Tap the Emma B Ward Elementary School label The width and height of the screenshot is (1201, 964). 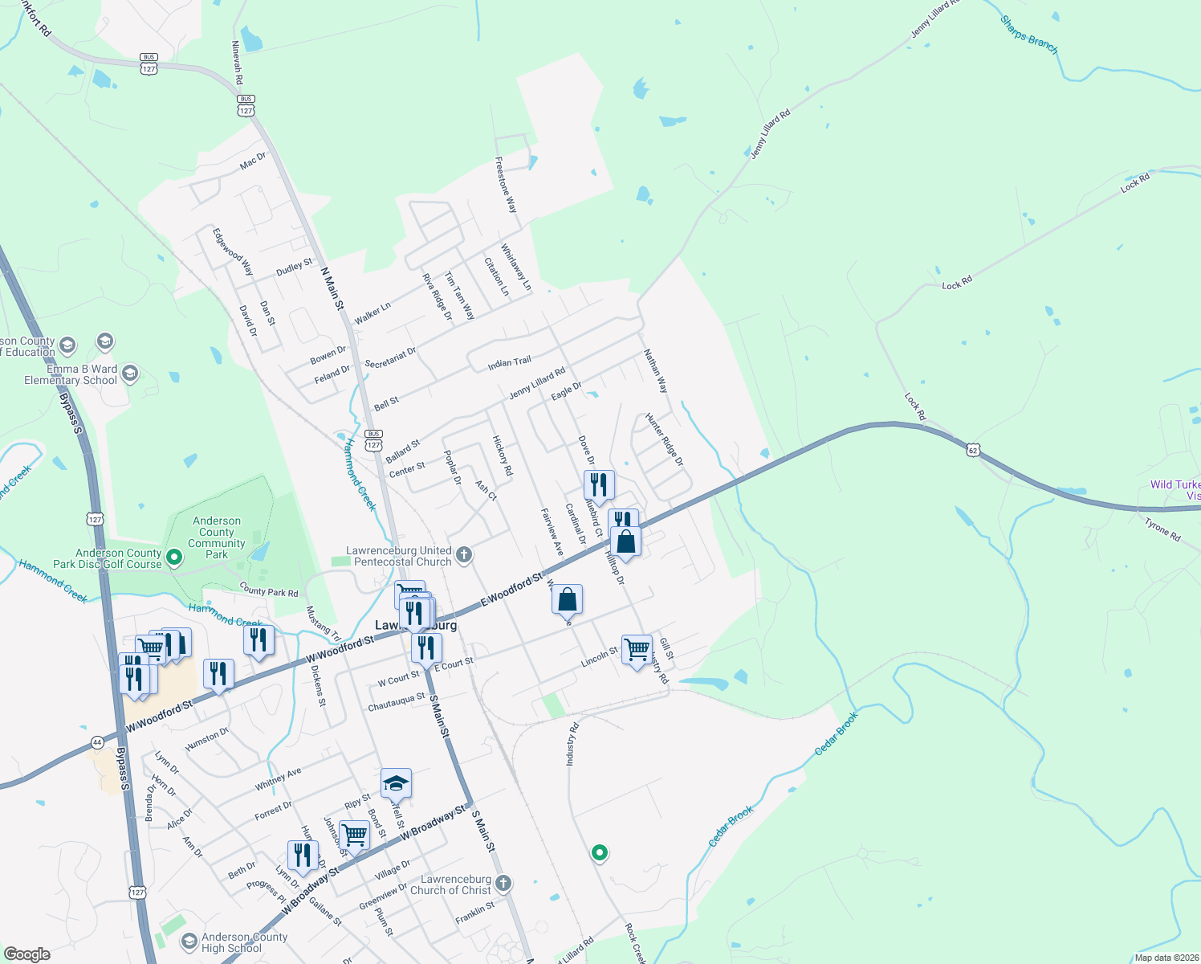tap(71, 375)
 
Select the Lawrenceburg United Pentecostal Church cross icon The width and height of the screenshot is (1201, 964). tap(463, 554)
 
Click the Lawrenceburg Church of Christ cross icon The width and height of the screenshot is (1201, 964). tap(503, 884)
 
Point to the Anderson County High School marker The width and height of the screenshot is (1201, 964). tap(189, 941)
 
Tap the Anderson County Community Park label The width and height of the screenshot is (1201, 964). tap(217, 537)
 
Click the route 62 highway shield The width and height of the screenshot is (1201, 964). tap(973, 451)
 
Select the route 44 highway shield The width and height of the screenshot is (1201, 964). tap(96, 742)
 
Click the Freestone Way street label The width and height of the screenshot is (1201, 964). tap(506, 185)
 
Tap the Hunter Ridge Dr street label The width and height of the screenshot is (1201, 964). tap(664, 439)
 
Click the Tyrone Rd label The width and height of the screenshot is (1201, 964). tap(1162, 530)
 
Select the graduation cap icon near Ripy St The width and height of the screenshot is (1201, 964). tap(396, 782)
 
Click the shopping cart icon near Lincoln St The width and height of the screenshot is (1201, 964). tap(637, 648)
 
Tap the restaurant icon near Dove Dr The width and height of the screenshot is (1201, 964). tap(599, 484)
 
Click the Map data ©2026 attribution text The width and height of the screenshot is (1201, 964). tap(1166, 958)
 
